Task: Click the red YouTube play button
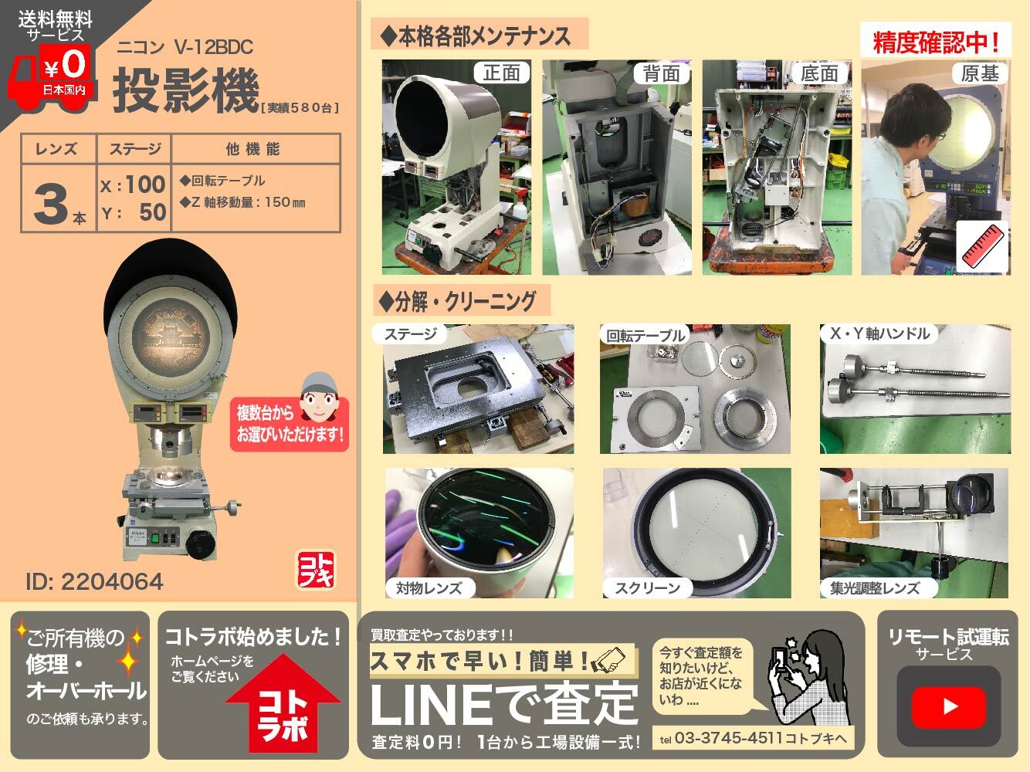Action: [949, 706]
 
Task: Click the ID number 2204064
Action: [94, 581]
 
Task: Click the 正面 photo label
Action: [501, 73]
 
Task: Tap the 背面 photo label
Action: [661, 73]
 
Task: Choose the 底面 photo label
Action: [819, 73]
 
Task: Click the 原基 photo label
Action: [980, 73]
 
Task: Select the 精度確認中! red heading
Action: [936, 42]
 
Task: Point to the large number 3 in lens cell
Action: [53, 204]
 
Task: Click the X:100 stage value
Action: [134, 184]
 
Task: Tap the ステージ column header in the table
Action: [134, 148]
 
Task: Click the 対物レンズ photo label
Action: [429, 587]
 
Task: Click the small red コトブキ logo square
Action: [315, 570]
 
